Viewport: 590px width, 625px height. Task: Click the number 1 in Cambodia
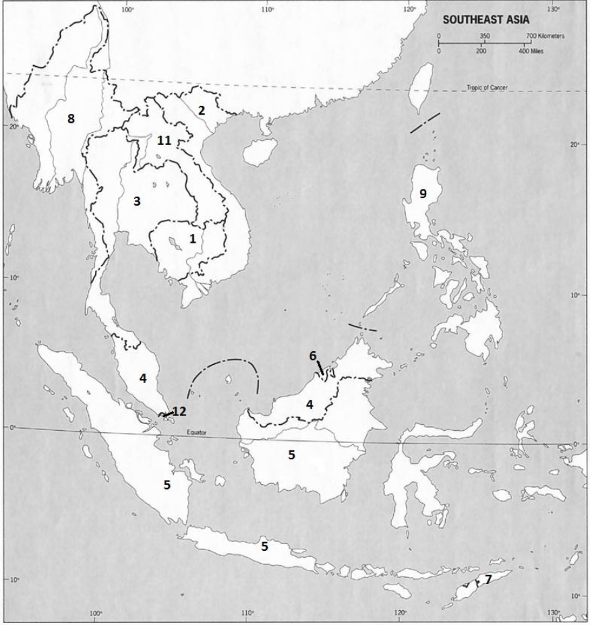[x=193, y=238]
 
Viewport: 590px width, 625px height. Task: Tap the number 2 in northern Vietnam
[x=201, y=110]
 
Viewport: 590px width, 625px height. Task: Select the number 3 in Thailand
[x=137, y=201]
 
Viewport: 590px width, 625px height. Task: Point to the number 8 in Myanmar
[x=70, y=119]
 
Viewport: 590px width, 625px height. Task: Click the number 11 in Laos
[x=164, y=141]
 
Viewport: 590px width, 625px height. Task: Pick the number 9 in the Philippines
[x=423, y=194]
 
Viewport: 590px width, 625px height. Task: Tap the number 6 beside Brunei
[x=313, y=355]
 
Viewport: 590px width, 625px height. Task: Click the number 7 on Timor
[x=488, y=578]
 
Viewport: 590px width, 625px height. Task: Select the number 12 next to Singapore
[x=179, y=411]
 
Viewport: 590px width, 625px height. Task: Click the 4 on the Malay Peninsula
[x=143, y=379]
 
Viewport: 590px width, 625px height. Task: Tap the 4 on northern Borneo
[x=309, y=405]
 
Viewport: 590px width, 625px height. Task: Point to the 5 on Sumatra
[x=167, y=484]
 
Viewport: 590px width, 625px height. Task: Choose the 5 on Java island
[x=264, y=546]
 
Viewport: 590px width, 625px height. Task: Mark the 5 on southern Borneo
[x=291, y=455]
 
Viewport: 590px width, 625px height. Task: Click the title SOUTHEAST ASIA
[x=485, y=20]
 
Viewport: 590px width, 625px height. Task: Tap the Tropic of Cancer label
[x=488, y=88]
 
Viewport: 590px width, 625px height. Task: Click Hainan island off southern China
[x=257, y=151]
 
